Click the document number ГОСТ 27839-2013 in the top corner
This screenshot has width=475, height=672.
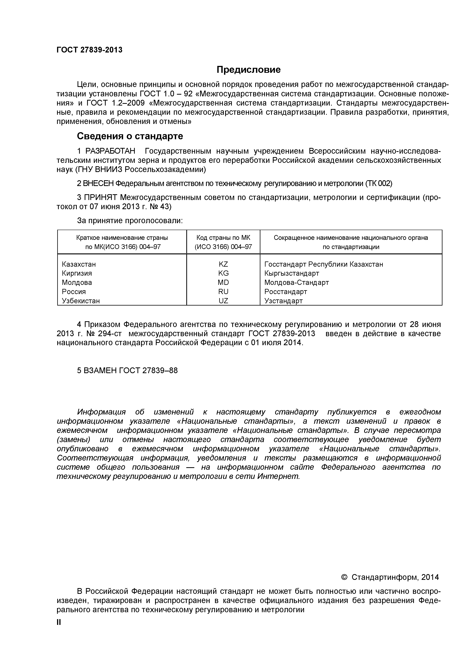pos(89,50)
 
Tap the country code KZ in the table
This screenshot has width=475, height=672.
pos(223,264)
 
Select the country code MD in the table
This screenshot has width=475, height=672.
pos(223,282)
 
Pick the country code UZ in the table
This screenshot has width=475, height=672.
pos(223,301)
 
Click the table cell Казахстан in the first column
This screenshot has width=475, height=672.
pos(79,264)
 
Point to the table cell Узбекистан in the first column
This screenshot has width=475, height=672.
pos(81,301)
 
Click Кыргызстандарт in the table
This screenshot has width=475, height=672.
pos(292,273)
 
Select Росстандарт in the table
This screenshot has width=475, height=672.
pos(286,292)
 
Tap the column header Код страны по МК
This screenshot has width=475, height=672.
pos(223,238)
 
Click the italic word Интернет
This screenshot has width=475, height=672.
pos(278,476)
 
